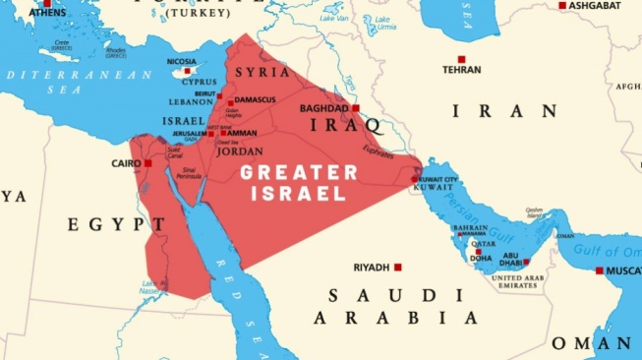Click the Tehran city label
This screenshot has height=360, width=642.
[461, 71]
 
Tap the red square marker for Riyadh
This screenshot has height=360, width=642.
[398, 267]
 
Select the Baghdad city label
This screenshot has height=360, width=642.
[324, 108]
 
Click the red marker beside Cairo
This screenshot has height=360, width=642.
[148, 163]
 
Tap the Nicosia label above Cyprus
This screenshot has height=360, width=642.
[180, 61]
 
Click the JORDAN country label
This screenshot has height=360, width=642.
[239, 152]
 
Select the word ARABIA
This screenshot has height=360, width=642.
[396, 318]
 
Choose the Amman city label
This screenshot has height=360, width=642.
[245, 133]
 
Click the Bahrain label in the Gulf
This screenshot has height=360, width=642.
[469, 228]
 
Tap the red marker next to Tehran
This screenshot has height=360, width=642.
[461, 59]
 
